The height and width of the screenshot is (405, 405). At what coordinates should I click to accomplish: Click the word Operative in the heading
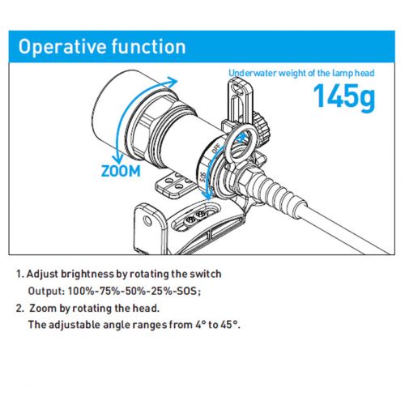click(62, 47)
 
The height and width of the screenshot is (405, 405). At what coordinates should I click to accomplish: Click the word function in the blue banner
click(148, 46)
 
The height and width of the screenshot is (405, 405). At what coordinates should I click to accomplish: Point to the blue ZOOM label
click(121, 171)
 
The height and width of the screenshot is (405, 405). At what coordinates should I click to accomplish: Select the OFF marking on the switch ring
click(215, 149)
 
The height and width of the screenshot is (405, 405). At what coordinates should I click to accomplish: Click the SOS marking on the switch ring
click(203, 177)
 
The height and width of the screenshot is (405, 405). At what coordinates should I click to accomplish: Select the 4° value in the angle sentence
click(198, 325)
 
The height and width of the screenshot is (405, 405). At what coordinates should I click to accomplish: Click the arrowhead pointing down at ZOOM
click(117, 158)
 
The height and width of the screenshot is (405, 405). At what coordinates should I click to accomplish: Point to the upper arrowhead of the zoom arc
click(172, 80)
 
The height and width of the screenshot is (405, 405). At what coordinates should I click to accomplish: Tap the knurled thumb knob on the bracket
click(262, 126)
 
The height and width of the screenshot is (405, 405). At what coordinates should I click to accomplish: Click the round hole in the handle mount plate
click(147, 221)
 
